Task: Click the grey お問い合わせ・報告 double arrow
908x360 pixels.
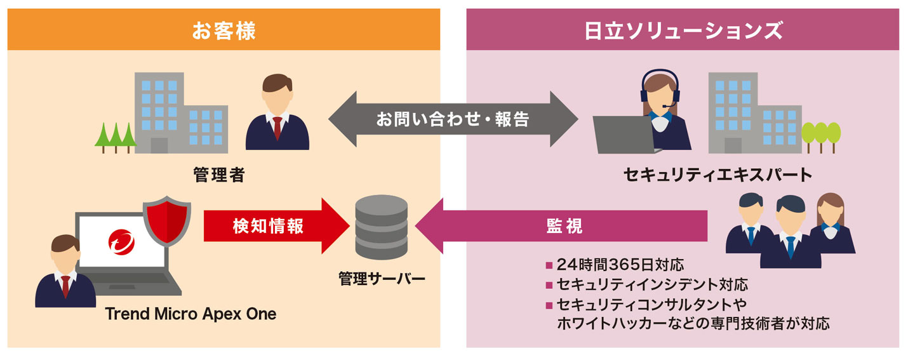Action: (x=453, y=119)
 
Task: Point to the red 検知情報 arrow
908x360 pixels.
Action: (x=273, y=226)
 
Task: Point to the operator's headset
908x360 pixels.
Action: (x=660, y=89)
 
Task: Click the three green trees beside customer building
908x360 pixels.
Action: (x=115, y=135)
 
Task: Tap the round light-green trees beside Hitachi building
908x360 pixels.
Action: (x=820, y=135)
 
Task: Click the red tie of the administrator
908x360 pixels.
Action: (x=277, y=128)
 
